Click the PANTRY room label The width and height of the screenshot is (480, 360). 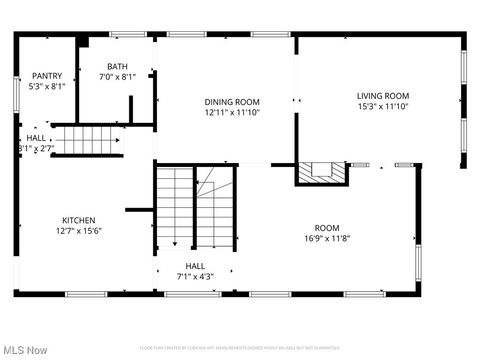47,76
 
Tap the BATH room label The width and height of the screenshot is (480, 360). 118,67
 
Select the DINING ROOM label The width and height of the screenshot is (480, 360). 232,101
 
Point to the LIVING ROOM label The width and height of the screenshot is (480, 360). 383,96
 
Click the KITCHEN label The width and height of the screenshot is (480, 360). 79,220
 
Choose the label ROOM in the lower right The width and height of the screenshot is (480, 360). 327,228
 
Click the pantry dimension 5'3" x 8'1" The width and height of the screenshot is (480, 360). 47,86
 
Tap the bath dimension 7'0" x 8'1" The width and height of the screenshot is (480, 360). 118,77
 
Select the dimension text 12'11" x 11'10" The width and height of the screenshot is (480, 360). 232,112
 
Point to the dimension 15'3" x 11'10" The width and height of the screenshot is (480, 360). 383,106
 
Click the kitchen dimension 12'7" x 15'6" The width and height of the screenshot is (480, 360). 79,230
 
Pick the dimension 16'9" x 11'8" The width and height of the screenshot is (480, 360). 327,238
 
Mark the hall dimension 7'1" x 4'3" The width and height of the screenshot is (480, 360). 195,276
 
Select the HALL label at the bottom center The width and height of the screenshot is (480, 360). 195,266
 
